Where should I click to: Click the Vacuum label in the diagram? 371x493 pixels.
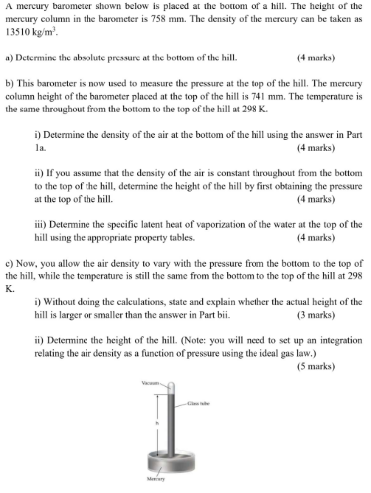coord(151,383)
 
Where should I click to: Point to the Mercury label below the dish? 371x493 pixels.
coord(155,479)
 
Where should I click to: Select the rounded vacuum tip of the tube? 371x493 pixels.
coord(170,386)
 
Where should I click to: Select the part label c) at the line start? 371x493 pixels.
coord(10,263)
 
